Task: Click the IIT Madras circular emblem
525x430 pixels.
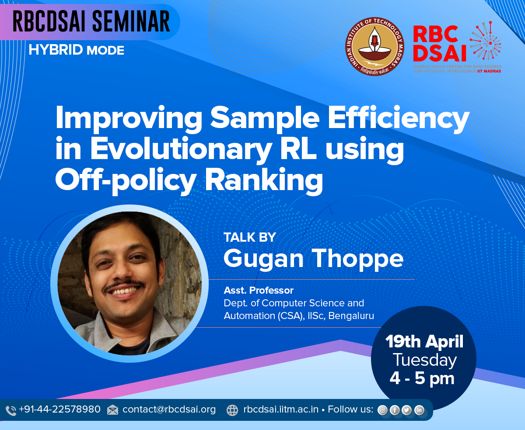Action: [374, 46]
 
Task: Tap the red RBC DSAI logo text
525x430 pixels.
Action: [439, 44]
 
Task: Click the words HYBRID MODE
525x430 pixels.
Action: [76, 50]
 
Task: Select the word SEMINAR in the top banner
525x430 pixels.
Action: [131, 21]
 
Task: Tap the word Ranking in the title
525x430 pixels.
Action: [264, 180]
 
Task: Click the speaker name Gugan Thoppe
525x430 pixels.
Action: [313, 259]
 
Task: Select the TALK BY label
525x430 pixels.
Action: [250, 237]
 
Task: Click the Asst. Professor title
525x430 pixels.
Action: [259, 290]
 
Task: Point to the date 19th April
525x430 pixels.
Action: [424, 341]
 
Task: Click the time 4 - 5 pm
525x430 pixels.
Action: [422, 378]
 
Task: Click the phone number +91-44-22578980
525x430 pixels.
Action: [60, 409]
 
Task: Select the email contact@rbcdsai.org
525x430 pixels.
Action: [169, 409]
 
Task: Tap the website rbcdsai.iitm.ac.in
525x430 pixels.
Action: [281, 409]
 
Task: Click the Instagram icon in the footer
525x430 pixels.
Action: [382, 410]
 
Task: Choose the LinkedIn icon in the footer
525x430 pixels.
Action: [419, 410]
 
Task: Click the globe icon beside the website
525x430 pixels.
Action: [232, 410]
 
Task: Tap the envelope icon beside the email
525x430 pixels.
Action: [112, 410]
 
